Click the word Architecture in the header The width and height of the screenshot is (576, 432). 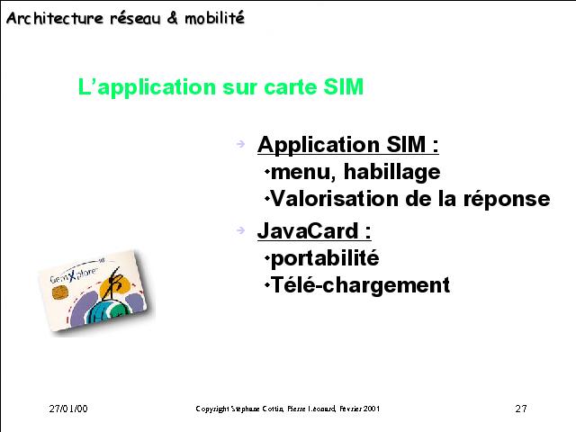[x=55, y=18]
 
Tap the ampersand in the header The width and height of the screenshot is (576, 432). [x=172, y=18]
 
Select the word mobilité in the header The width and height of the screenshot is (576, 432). [x=214, y=18]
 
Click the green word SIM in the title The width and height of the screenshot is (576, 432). [x=344, y=87]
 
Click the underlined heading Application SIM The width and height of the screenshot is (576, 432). [x=348, y=144]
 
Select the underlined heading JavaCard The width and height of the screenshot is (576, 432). [x=314, y=230]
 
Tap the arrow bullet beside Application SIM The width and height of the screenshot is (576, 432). [x=240, y=143]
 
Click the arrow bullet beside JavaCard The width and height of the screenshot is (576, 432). [x=240, y=230]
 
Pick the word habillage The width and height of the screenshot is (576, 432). [x=392, y=172]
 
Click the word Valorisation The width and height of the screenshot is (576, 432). [x=335, y=199]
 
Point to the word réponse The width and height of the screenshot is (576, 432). [x=507, y=200]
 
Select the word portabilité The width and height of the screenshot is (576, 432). [x=325, y=258]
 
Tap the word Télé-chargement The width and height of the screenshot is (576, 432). [x=360, y=285]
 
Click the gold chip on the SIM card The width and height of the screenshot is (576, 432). [x=59, y=292]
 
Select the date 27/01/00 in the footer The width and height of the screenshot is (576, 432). [x=68, y=409]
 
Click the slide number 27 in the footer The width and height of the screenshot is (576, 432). [x=521, y=409]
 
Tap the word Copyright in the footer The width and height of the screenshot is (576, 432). [x=212, y=409]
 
